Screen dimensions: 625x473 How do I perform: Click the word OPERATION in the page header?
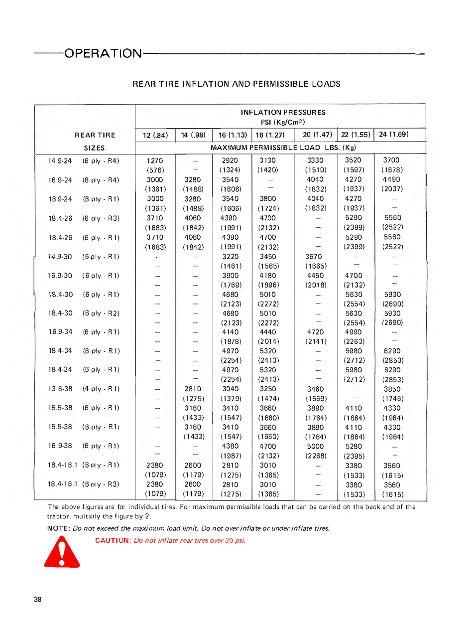[x=103, y=53]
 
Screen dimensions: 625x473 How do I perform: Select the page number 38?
[x=38, y=600]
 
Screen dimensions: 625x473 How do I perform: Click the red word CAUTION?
[x=113, y=541]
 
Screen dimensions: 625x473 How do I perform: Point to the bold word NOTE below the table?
[x=58, y=528]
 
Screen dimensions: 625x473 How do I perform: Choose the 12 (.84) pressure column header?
[x=155, y=135]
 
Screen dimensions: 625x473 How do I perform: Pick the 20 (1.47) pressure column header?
[x=317, y=135]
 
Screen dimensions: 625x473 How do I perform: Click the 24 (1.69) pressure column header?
[x=394, y=134]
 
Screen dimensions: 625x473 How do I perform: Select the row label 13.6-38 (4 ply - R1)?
[x=84, y=389]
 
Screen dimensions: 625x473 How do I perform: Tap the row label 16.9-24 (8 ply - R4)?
[x=84, y=179]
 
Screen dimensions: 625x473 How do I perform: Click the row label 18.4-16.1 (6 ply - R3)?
[x=84, y=484]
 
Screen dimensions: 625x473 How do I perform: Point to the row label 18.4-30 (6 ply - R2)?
[x=84, y=313]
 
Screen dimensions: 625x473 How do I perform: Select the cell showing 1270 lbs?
[x=155, y=160]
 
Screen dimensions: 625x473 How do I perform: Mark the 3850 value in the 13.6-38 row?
[x=392, y=389]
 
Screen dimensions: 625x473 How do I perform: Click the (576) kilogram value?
[x=155, y=170]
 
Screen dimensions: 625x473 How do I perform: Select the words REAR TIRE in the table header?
[x=95, y=135]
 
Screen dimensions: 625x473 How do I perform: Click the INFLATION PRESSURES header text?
[x=283, y=113]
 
